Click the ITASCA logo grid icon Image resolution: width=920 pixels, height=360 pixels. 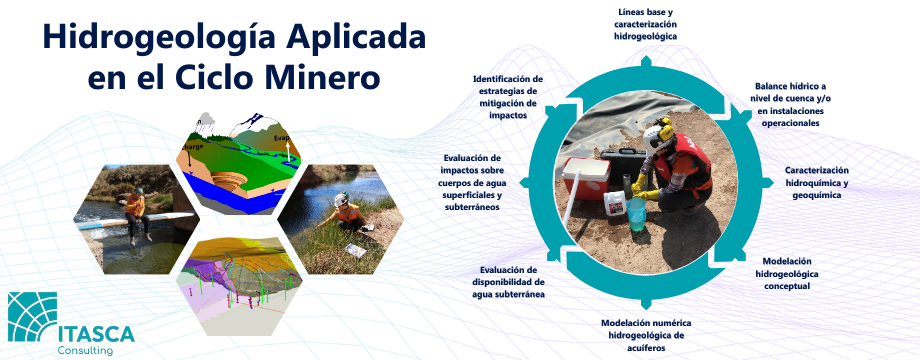click(32, 317)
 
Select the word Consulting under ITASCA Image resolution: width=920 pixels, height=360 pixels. click(85, 351)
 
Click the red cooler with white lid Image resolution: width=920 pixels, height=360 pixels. click(586, 178)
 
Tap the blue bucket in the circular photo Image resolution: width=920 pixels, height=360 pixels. click(636, 214)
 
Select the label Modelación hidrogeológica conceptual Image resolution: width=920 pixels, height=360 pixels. click(787, 274)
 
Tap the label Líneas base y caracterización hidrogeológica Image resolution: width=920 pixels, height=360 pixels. click(645, 24)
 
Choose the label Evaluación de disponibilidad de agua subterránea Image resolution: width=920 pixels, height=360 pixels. click(509, 282)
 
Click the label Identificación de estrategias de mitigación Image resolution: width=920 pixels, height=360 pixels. click(508, 97)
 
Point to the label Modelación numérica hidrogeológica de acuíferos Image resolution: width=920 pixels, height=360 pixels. click(646, 335)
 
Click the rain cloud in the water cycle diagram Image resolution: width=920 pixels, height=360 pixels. click(205, 121)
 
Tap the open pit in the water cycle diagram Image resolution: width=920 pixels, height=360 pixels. click(230, 180)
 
